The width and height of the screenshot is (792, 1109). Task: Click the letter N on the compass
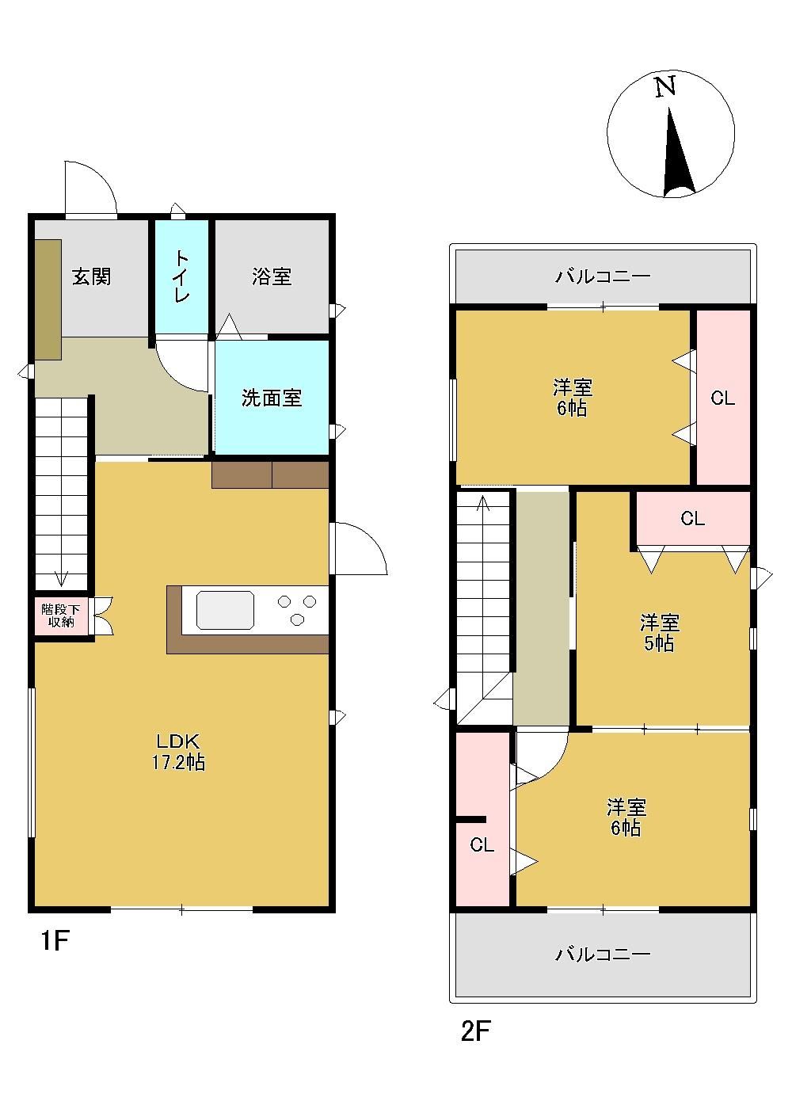click(x=665, y=87)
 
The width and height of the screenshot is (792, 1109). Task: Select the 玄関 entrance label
click(x=92, y=276)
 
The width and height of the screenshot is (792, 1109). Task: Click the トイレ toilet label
click(x=181, y=276)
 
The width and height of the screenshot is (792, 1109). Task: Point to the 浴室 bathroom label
click(x=271, y=276)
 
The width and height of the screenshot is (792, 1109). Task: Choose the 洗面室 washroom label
click(x=271, y=398)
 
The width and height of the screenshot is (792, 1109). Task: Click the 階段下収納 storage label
click(x=60, y=615)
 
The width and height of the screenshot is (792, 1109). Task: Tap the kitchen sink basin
click(x=225, y=610)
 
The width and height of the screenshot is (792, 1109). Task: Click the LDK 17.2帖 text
click(x=178, y=752)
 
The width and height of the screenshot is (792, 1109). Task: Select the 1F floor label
click(x=55, y=940)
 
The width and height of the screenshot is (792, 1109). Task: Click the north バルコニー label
click(x=603, y=276)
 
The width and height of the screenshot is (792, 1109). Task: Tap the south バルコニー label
click(x=603, y=954)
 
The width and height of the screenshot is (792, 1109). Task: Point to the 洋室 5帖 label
click(x=659, y=632)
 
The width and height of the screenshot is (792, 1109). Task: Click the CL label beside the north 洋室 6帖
click(x=722, y=398)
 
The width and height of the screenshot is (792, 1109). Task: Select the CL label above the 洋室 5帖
click(x=692, y=518)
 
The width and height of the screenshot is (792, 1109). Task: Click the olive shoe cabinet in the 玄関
click(x=48, y=299)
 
